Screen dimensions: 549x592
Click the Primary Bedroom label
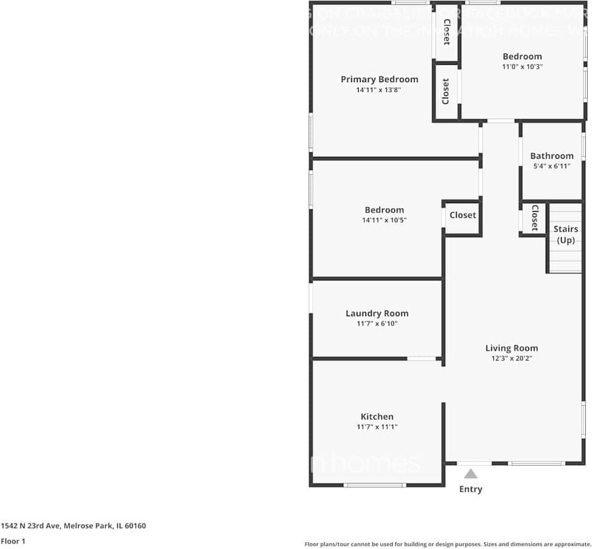[379, 79]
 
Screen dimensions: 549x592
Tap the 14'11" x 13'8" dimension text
[379, 90]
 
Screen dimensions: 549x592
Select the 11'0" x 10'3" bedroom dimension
[522, 67]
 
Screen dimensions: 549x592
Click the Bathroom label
[551, 156]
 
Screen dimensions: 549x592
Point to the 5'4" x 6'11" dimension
[551, 166]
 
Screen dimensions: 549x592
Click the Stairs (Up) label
[565, 235]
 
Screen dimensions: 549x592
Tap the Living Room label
[511, 348]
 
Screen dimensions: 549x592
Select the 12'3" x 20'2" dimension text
[511, 358]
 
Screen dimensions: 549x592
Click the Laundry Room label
[377, 313]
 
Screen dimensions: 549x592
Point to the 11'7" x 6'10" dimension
[377, 324]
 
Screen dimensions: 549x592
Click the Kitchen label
[377, 416]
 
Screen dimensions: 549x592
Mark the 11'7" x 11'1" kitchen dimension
[377, 427]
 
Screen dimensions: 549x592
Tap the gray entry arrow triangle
[470, 474]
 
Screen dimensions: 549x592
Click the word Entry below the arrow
[470, 489]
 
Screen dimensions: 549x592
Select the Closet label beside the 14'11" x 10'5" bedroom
[462, 215]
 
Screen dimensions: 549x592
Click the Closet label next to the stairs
[535, 217]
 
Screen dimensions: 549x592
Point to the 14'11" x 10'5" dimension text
[384, 220]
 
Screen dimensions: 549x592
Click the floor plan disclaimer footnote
[448, 544]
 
